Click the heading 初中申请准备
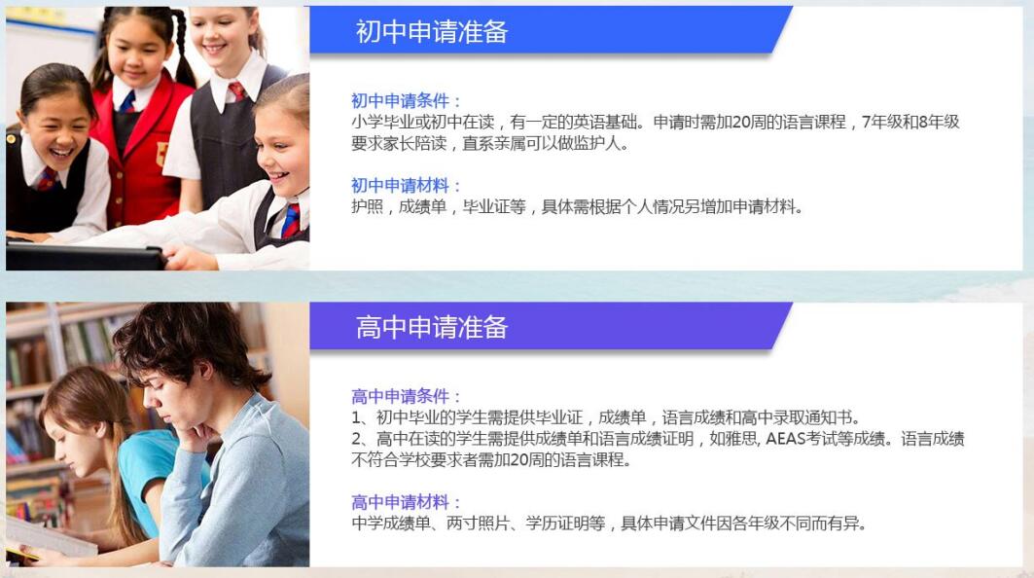coord(432,31)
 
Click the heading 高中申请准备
coord(432,327)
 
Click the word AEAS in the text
coord(785,439)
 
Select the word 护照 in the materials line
coord(367,206)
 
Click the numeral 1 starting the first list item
coord(355,417)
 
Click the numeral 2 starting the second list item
coord(356,439)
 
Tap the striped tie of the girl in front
coord(291,220)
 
